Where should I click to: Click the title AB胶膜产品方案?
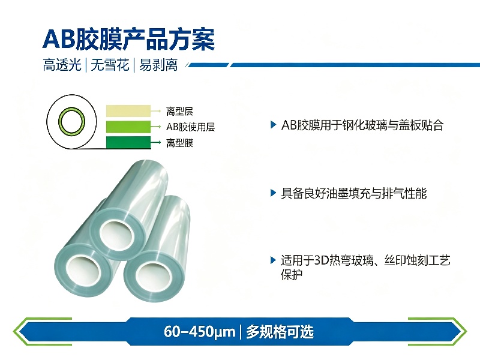(x=128, y=39)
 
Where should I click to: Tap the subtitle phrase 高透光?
(x=62, y=65)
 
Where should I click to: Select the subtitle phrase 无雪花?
(x=110, y=65)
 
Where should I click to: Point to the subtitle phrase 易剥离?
(x=158, y=65)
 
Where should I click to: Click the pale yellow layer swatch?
(x=128, y=111)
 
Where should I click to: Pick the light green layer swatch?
(x=128, y=127)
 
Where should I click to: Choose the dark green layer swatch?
(x=128, y=142)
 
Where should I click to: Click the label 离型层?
(x=179, y=111)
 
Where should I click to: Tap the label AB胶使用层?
(x=190, y=127)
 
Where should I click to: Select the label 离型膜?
(x=179, y=143)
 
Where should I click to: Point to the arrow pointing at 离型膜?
(x=156, y=142)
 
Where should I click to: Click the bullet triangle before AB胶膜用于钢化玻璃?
(x=274, y=125)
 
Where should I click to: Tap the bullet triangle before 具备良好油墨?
(x=274, y=193)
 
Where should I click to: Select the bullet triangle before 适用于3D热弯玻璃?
(x=274, y=260)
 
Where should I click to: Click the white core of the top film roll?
(x=116, y=235)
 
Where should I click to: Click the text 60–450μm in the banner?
(x=200, y=332)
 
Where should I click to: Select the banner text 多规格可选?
(x=280, y=332)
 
